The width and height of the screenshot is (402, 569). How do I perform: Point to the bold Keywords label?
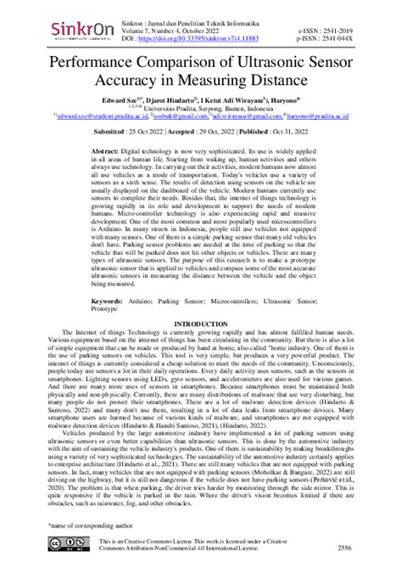pyautogui.click(x=110, y=301)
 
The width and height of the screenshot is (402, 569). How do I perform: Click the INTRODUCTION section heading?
pyautogui.click(x=200, y=325)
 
